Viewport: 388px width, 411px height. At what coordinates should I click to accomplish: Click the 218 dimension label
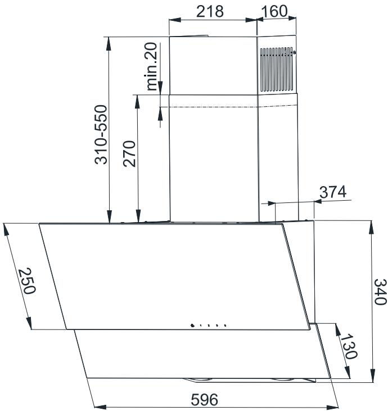coord(210,12)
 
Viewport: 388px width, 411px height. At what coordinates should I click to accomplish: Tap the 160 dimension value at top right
coord(274,11)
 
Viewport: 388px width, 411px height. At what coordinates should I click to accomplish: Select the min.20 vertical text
coord(151,66)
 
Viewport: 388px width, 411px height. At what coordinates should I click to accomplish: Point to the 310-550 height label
coord(101,134)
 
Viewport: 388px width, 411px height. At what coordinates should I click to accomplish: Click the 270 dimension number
coord(129,154)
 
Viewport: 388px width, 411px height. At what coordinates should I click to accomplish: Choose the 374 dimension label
coord(333,192)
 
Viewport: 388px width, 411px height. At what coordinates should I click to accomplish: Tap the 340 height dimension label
coord(380,292)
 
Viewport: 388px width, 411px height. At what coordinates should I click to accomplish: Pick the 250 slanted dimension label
coord(27,281)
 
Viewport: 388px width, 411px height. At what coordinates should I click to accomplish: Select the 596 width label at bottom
coord(205,399)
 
